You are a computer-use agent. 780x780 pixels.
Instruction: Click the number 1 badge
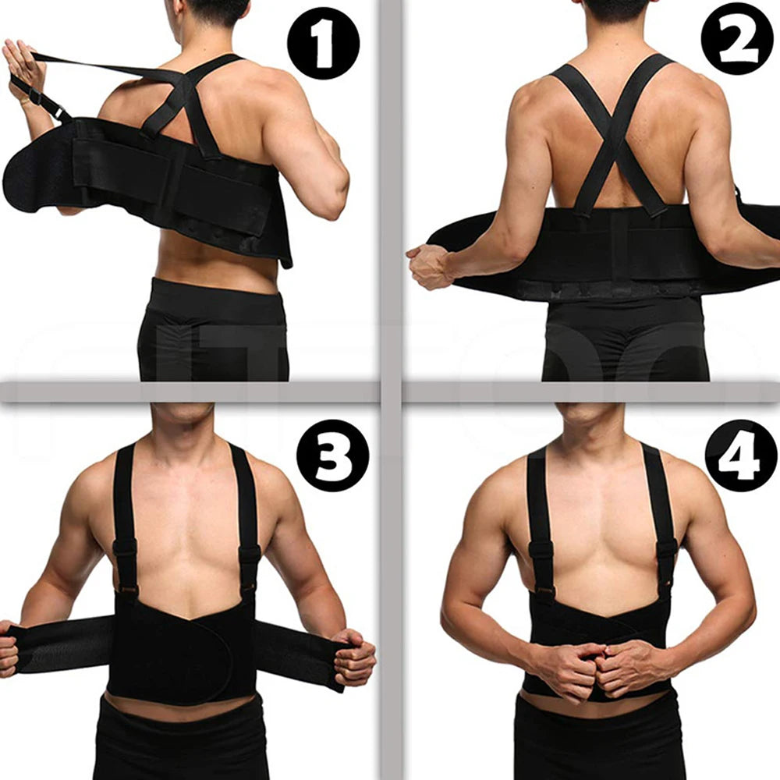323,44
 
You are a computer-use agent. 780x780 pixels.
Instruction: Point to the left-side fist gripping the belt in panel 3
8,647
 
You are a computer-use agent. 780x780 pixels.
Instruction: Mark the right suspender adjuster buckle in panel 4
665,551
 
